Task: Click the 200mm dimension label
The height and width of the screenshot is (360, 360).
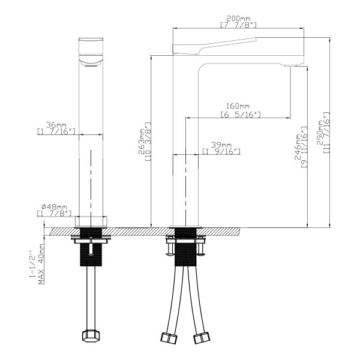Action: (238, 19)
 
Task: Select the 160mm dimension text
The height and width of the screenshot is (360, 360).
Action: (238, 106)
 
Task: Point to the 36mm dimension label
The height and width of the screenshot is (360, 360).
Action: (56, 125)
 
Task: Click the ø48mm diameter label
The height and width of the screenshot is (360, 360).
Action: (54, 207)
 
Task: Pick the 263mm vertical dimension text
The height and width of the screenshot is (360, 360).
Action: (142, 142)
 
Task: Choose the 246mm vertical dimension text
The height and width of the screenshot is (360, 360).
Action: (298, 147)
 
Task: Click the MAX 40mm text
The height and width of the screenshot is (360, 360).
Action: (41, 264)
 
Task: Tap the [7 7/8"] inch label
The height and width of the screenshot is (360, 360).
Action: (238, 25)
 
